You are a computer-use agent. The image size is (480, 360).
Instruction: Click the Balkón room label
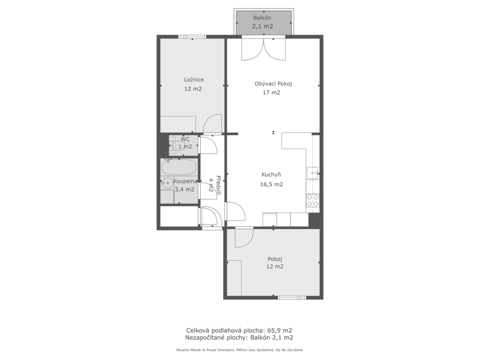click(x=262, y=18)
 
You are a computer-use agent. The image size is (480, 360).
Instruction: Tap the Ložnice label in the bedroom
click(x=194, y=80)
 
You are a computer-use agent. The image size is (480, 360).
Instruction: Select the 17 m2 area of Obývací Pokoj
click(x=271, y=92)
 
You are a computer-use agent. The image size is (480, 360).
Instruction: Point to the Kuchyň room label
click(x=271, y=175)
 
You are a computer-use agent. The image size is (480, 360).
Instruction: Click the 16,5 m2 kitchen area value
click(x=271, y=184)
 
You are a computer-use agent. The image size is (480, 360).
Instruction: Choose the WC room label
click(x=185, y=139)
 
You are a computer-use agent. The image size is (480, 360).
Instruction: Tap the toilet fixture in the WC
click(x=174, y=146)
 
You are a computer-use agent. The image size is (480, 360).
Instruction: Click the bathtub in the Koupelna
click(x=180, y=167)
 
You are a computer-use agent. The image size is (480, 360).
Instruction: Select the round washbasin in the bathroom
click(x=167, y=183)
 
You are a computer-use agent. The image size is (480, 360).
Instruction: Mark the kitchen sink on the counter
click(x=313, y=173)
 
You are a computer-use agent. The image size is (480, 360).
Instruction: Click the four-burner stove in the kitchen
click(x=313, y=201)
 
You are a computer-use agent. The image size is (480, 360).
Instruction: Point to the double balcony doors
click(x=263, y=48)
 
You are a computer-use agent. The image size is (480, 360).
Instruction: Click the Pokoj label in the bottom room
click(x=275, y=259)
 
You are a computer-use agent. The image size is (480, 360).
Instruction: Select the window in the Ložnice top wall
click(x=192, y=37)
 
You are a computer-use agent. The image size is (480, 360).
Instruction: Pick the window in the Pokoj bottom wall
click(x=292, y=298)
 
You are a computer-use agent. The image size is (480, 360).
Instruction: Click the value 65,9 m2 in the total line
click(x=280, y=330)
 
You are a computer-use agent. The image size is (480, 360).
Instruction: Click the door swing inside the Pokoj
click(x=244, y=238)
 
